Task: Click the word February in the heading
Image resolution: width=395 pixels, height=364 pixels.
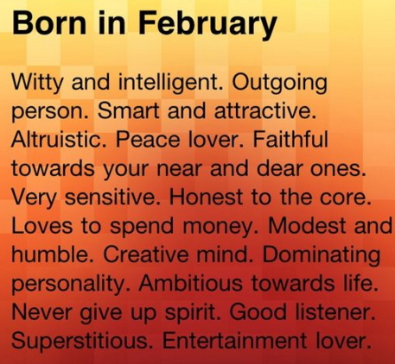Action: tap(207, 24)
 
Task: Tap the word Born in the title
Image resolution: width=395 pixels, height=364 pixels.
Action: tap(48, 22)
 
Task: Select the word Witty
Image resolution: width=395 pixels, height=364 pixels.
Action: tap(36, 84)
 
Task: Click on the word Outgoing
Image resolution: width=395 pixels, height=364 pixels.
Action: tap(279, 84)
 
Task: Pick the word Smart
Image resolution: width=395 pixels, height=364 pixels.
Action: tap(128, 111)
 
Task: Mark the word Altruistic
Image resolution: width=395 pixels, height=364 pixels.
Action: tap(59, 139)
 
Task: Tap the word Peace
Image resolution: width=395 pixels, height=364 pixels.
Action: tap(148, 139)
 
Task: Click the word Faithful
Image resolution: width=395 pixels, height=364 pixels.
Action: tap(290, 139)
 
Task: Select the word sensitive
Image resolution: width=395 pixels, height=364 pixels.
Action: tap(111, 197)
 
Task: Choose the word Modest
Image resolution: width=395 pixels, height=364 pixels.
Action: tap(307, 225)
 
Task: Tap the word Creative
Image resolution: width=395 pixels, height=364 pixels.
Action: tap(146, 254)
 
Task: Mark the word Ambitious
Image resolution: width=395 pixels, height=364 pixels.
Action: tap(190, 283)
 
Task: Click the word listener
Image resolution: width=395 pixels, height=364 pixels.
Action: tap(335, 312)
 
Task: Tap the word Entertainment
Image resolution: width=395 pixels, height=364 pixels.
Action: tap(234, 341)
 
